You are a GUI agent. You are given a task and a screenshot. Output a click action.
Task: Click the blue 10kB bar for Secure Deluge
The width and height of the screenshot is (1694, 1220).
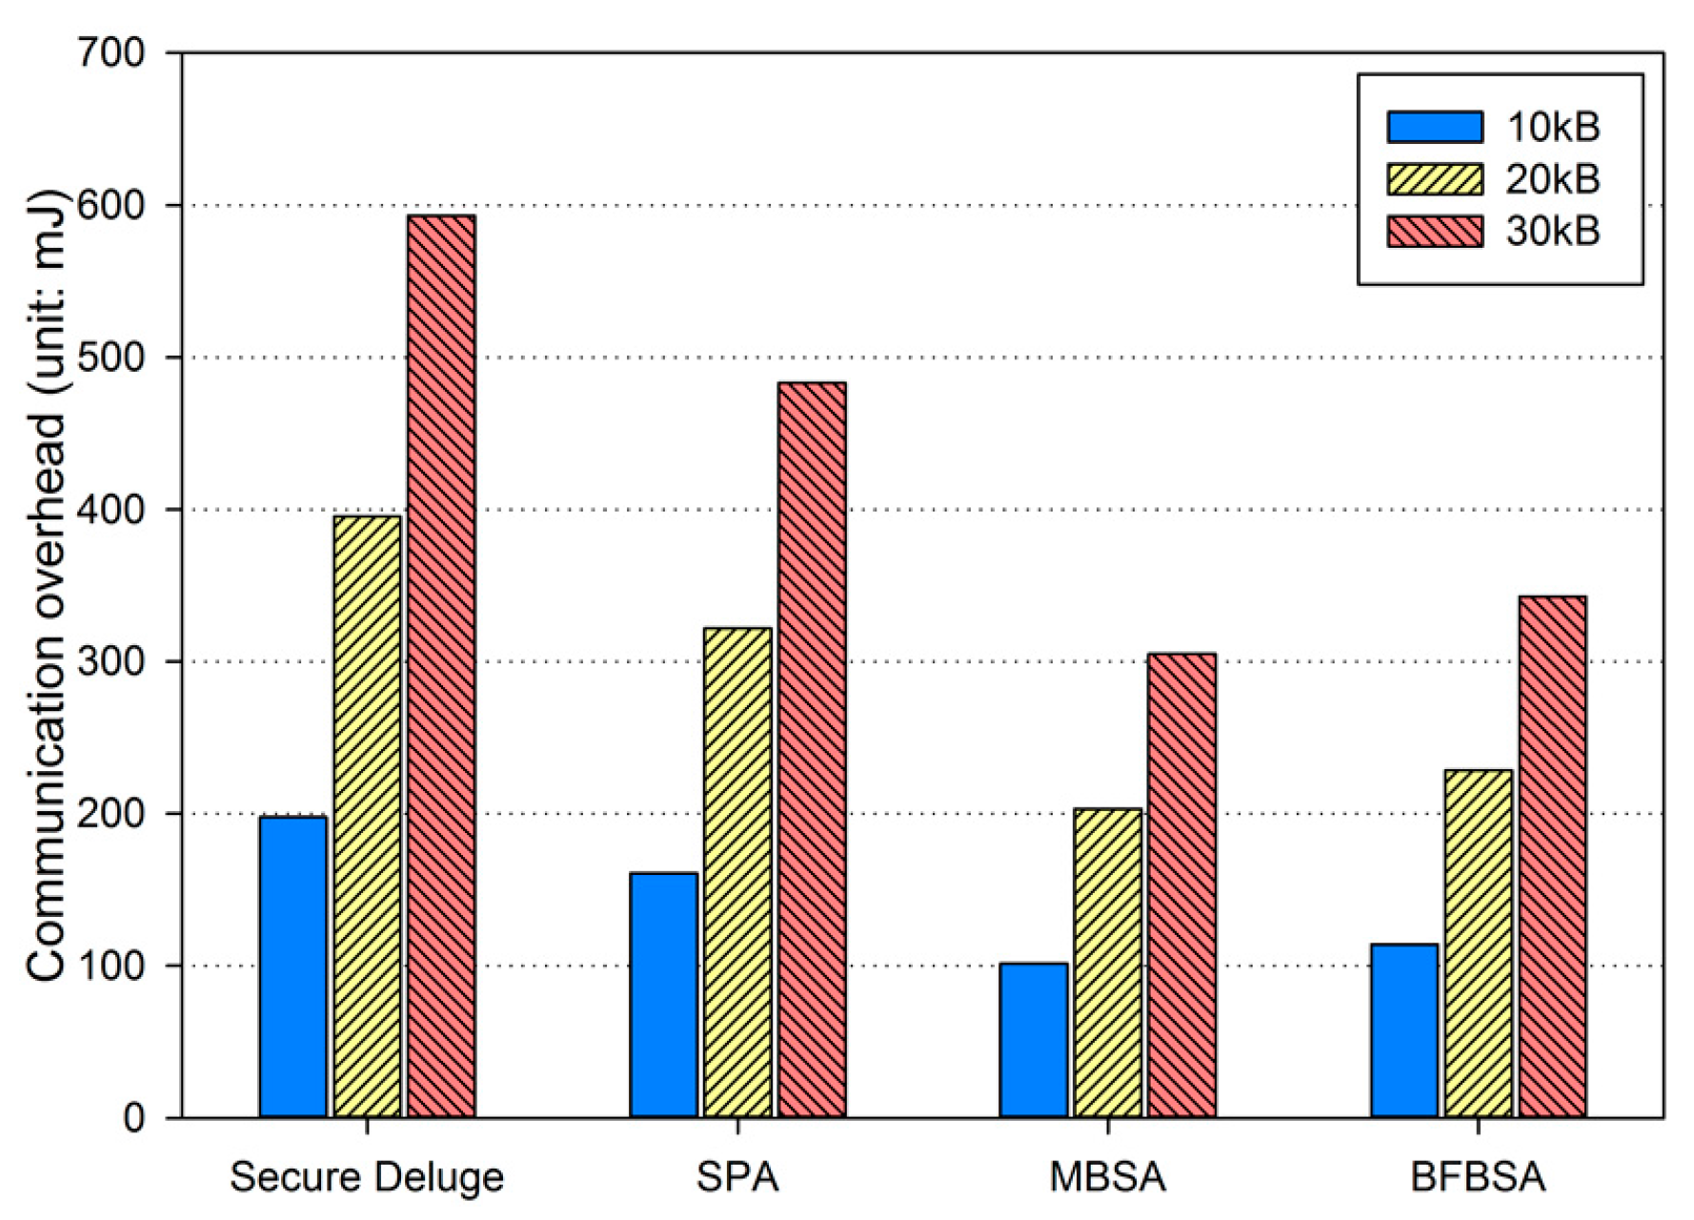[292, 966]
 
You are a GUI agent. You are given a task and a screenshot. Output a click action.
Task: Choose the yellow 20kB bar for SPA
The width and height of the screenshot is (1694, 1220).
[737, 871]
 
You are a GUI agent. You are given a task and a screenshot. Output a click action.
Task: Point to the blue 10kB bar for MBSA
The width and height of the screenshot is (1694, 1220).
[1034, 1040]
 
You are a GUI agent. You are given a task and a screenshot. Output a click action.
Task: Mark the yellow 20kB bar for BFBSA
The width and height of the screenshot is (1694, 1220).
[1478, 943]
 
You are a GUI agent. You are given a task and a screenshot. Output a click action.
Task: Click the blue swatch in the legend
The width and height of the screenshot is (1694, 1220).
[1434, 127]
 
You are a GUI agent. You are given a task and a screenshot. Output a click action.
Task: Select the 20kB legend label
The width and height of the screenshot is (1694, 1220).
[1552, 179]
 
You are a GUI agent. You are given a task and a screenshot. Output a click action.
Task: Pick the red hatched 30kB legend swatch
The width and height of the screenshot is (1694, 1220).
[1434, 232]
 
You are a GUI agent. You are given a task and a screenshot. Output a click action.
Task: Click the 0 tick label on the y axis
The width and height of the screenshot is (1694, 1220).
[133, 1117]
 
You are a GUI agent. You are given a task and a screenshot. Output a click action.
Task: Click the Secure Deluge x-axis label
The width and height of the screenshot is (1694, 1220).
[367, 1177]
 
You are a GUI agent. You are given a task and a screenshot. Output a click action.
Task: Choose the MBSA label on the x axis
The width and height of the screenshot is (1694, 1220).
[1107, 1177]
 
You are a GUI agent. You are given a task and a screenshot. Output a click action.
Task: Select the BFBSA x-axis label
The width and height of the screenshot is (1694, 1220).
[1478, 1177]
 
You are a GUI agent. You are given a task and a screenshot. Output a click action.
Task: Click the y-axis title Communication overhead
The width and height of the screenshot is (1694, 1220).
[46, 586]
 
